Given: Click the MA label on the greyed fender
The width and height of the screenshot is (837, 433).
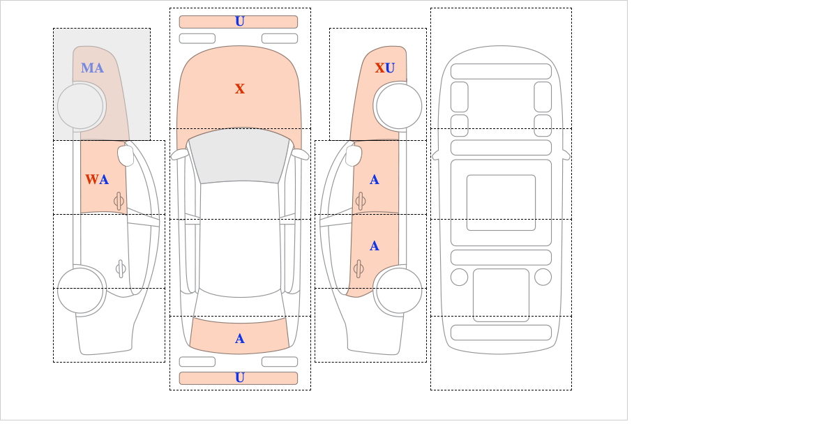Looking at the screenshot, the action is [92, 68].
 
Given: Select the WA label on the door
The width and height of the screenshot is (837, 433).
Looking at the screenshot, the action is [97, 180].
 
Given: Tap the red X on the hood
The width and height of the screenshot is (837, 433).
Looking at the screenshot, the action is [240, 89].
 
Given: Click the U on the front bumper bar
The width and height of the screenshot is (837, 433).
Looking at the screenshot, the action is [240, 22].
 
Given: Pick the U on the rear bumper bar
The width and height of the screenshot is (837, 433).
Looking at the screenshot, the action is [240, 378].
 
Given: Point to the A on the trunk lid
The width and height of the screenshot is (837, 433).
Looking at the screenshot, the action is [240, 339].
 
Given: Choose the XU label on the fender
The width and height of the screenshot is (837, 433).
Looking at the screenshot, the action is [385, 68].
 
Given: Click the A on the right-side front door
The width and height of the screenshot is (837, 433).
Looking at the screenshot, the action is [375, 180].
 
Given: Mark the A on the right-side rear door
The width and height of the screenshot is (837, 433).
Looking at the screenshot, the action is [375, 246].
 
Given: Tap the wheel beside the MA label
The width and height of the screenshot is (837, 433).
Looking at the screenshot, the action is [81, 107].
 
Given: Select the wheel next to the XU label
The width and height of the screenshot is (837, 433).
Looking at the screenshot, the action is [399, 107].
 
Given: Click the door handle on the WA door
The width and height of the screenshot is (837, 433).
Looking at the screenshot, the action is [119, 202].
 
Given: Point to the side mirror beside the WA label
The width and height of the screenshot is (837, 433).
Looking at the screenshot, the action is [126, 155].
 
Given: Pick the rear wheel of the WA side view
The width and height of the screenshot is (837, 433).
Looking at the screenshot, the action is [81, 290].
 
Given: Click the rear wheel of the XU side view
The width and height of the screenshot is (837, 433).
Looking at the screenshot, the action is [399, 290].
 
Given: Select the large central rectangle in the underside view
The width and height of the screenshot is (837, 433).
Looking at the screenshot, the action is [501, 203].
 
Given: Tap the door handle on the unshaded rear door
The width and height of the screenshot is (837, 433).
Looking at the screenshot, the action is [121, 268].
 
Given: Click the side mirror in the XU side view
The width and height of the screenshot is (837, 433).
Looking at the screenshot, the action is [354, 155].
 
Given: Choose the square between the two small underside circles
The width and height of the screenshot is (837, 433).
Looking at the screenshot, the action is [501, 295].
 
